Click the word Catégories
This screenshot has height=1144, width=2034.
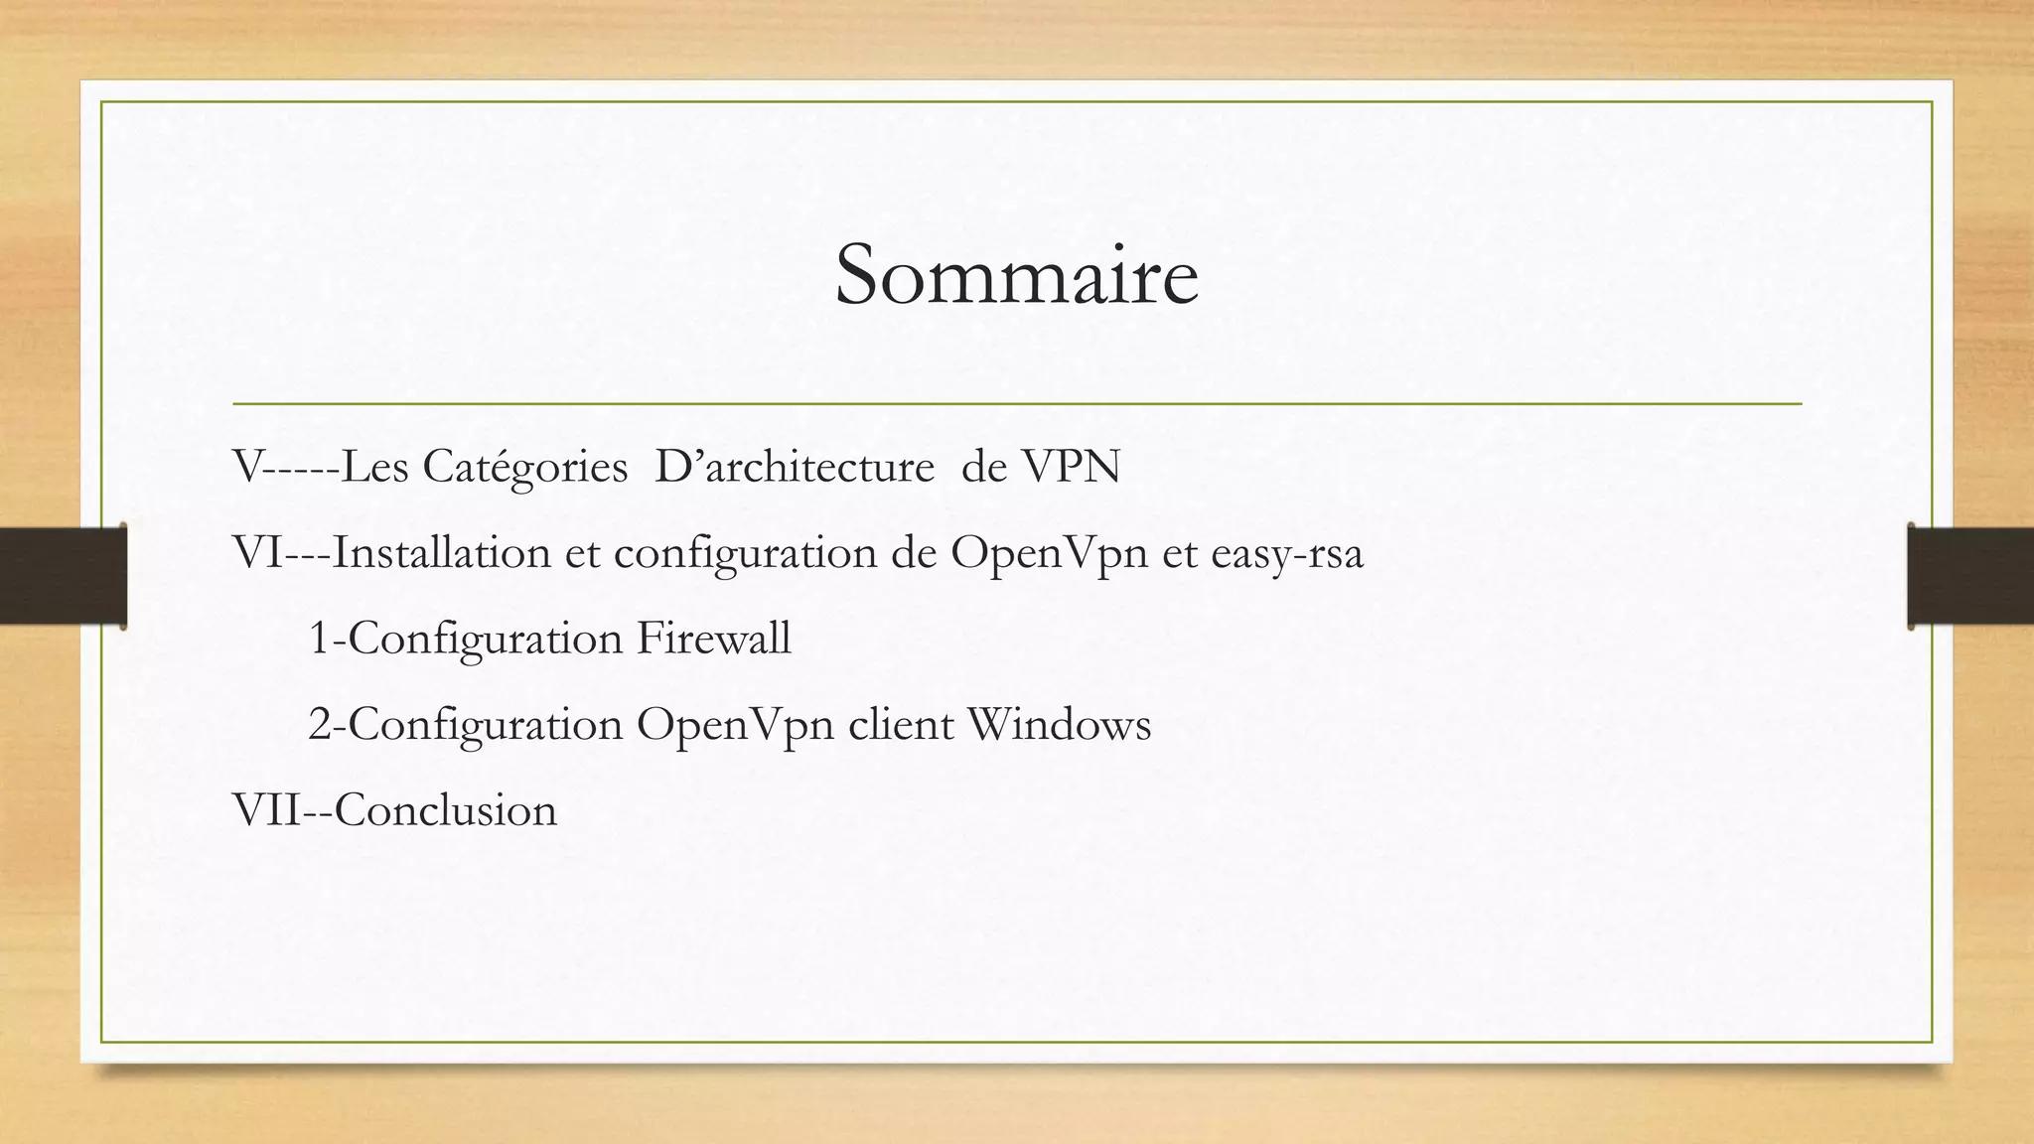tap(525, 467)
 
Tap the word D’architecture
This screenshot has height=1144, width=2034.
tap(795, 467)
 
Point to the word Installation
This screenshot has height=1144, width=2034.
tap(441, 552)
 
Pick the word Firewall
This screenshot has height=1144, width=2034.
tap(713, 638)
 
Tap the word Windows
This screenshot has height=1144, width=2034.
tap(1059, 724)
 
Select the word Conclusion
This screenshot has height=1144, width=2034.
tap(446, 809)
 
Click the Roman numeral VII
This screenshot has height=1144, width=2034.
tap(265, 809)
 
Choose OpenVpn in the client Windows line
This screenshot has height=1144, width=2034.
tap(735, 726)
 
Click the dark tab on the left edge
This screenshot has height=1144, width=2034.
tap(63, 576)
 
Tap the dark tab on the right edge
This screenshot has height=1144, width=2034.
tap(1970, 576)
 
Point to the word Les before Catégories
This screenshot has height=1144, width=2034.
tap(374, 467)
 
